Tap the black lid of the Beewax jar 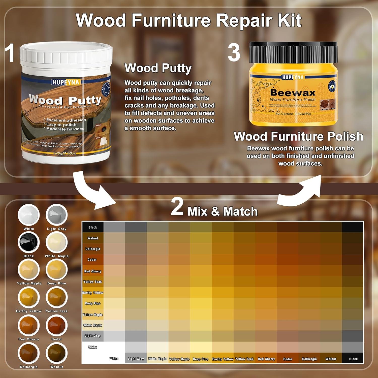pos(293,52)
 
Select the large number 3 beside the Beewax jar pos(234,52)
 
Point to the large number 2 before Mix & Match pos(177,207)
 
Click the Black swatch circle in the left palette pos(29,242)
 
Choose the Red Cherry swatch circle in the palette pos(29,325)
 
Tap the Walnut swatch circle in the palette pos(57,353)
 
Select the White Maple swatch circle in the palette pos(57,242)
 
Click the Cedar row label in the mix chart pos(92,260)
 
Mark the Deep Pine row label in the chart pos(93,303)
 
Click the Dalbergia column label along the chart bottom pos(309,359)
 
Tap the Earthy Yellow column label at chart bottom pos(223,359)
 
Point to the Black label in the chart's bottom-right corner pos(353,359)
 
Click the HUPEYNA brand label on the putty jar pos(66,82)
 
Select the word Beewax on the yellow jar pos(293,93)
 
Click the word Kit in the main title pos(290,20)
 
